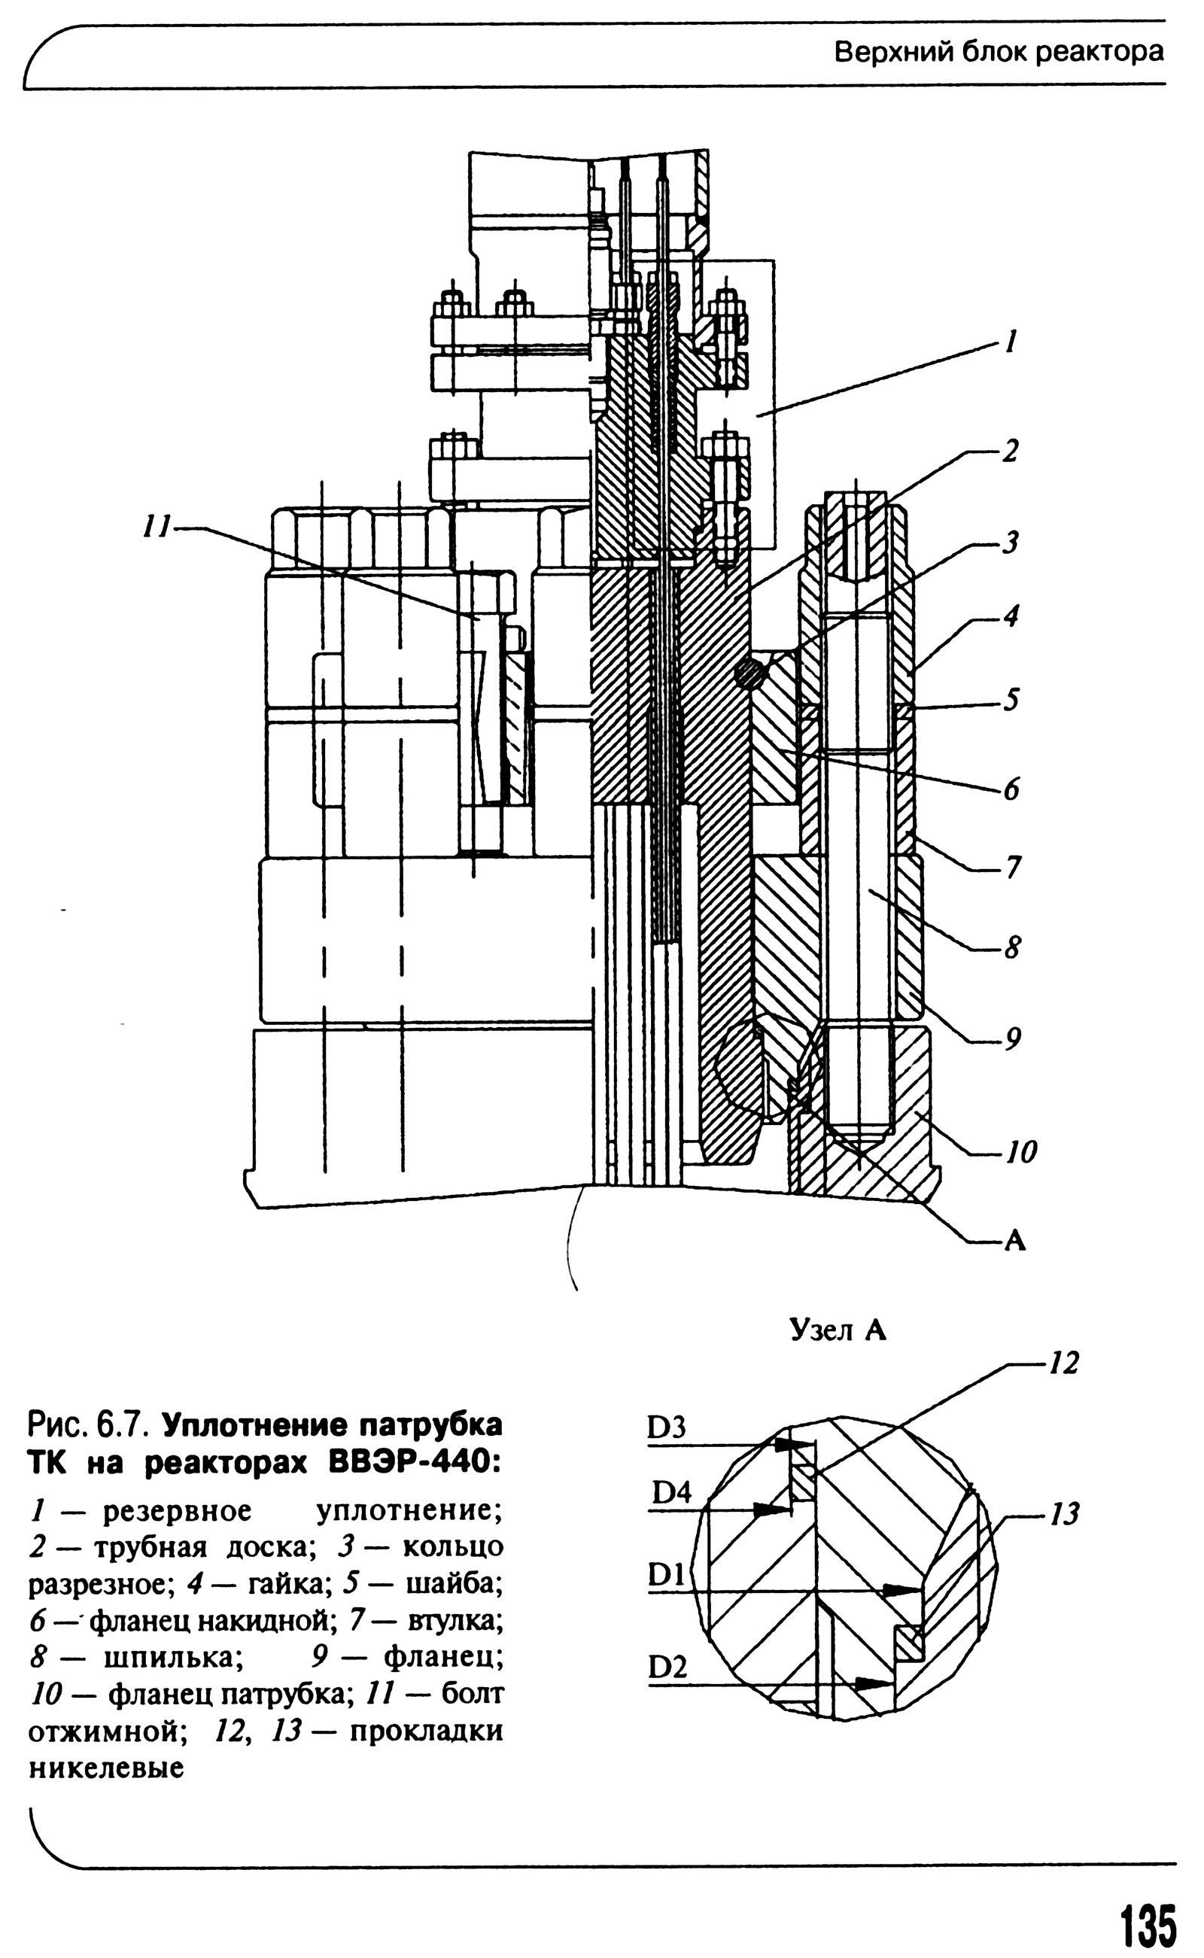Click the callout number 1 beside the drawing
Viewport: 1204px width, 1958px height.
click(x=1011, y=342)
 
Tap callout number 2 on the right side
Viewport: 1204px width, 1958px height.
click(x=1010, y=451)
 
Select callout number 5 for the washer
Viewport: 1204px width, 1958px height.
click(x=1011, y=699)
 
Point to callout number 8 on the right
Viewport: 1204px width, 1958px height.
click(x=1011, y=947)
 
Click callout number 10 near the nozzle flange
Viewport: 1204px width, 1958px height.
click(x=1021, y=1151)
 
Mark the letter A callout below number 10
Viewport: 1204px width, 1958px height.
click(x=1015, y=1240)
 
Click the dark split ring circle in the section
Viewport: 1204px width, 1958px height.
click(x=749, y=674)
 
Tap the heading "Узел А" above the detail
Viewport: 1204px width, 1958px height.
click(x=838, y=1330)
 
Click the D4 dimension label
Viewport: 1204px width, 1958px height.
click(x=672, y=1492)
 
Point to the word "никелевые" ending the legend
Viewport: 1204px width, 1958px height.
click(x=107, y=1768)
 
